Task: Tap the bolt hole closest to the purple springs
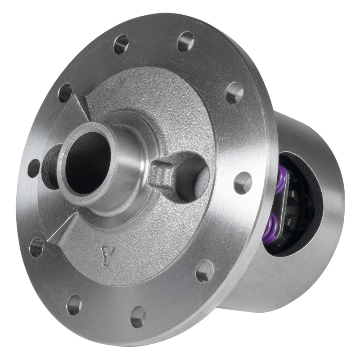coord(243,183)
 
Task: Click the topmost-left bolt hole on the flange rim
coord(121,44)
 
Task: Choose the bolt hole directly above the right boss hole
coord(234,93)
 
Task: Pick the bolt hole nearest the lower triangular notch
coord(37,247)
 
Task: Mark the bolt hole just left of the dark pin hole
coord(34,168)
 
